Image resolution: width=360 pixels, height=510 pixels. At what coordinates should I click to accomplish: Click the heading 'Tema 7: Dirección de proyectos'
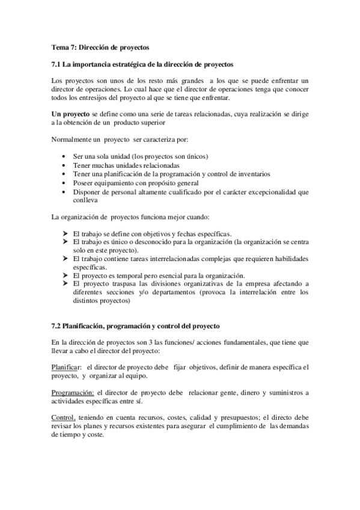(100, 47)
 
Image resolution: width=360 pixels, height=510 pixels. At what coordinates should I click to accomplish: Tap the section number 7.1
(56, 64)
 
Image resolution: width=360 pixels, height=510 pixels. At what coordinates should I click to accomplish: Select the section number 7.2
(56, 325)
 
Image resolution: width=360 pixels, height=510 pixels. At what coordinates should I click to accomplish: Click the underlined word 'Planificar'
(66, 367)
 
